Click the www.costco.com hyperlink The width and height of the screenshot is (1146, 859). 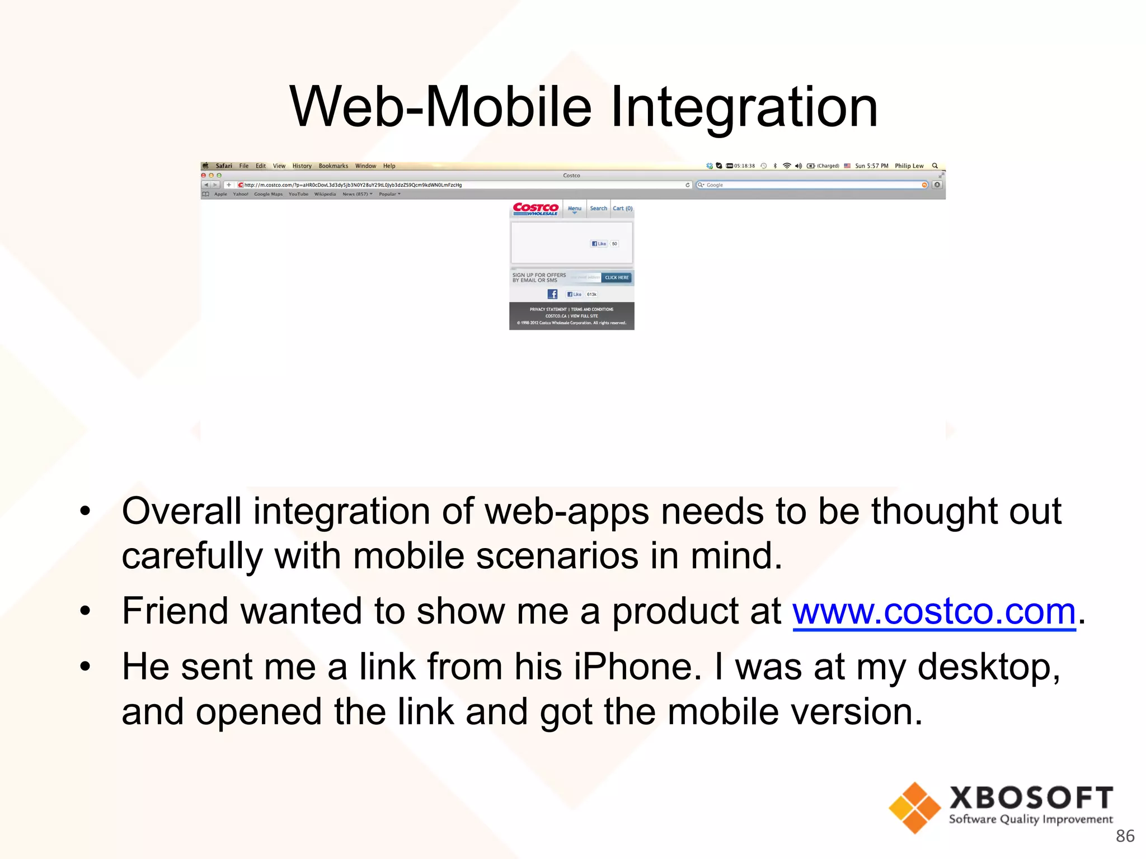click(933, 612)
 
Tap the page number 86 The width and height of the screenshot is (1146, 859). click(1125, 836)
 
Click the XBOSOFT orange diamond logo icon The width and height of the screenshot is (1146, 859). click(914, 808)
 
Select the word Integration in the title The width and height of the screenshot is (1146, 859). click(744, 107)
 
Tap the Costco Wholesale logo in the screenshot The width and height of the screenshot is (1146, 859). click(536, 209)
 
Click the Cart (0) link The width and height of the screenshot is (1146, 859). click(622, 209)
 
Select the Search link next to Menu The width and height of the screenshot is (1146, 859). click(598, 209)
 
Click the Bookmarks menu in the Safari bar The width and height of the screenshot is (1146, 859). click(333, 166)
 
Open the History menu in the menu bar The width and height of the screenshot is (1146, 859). click(302, 166)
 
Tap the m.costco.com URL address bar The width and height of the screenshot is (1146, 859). click(448, 185)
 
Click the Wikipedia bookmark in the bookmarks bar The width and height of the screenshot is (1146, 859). click(325, 195)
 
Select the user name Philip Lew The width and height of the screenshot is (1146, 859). click(909, 166)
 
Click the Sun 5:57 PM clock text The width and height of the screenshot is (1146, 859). click(871, 166)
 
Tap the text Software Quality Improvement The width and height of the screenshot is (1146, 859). click(1031, 820)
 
